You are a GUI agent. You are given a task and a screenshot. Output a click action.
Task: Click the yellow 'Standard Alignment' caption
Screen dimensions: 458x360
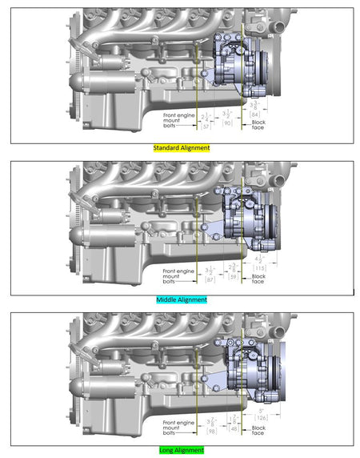(x=181, y=148)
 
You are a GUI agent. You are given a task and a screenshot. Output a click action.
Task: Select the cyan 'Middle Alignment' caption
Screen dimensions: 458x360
(x=181, y=299)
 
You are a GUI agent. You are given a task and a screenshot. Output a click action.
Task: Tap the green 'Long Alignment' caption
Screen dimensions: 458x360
(x=181, y=451)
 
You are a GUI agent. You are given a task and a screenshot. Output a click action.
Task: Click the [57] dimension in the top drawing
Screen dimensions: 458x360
(x=206, y=126)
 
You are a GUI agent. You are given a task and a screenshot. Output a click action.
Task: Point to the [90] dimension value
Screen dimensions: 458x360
(x=227, y=123)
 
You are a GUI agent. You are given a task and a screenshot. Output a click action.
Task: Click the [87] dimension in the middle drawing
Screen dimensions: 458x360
(x=210, y=279)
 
